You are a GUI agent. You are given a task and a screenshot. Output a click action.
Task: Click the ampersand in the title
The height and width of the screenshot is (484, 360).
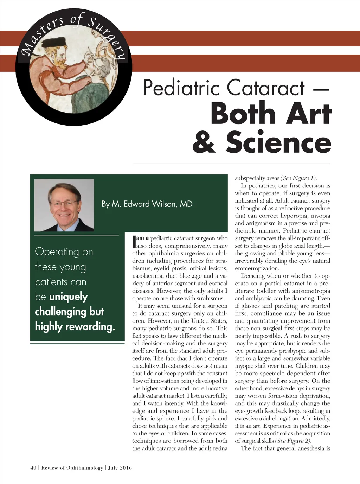click(204, 142)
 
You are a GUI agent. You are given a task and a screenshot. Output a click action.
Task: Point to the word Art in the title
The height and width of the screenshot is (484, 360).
click(309, 114)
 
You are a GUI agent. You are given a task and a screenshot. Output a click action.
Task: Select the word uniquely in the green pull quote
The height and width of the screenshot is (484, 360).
click(68, 297)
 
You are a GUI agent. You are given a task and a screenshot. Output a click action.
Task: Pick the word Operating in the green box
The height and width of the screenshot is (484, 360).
click(57, 252)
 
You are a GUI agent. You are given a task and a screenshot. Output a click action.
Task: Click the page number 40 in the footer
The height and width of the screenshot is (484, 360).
click(33, 468)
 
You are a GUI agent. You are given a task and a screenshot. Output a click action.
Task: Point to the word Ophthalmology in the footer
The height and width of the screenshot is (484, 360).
click(84, 468)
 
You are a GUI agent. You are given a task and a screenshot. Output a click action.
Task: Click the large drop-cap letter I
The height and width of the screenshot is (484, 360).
click(134, 241)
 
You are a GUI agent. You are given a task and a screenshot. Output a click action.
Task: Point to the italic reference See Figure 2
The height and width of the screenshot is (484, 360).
click(293, 441)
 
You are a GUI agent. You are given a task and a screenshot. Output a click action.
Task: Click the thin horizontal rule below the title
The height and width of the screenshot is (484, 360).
click(232, 164)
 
